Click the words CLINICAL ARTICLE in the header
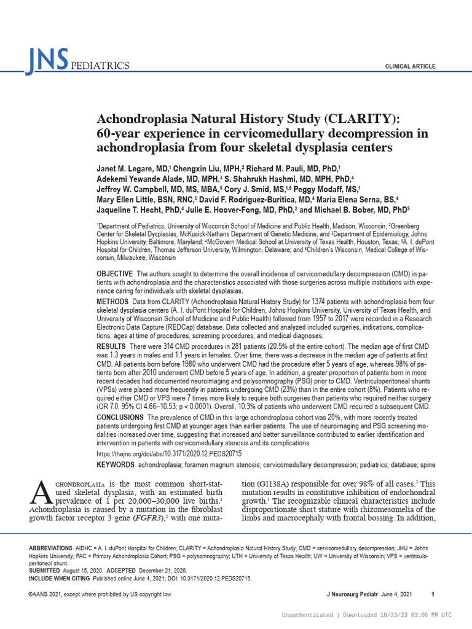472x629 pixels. point(410,66)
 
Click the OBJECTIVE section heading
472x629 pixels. point(115,273)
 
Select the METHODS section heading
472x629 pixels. point(112,302)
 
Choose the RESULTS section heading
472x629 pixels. point(112,348)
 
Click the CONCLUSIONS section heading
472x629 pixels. point(122,418)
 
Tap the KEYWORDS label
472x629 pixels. point(116,465)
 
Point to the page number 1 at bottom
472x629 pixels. point(433,594)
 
